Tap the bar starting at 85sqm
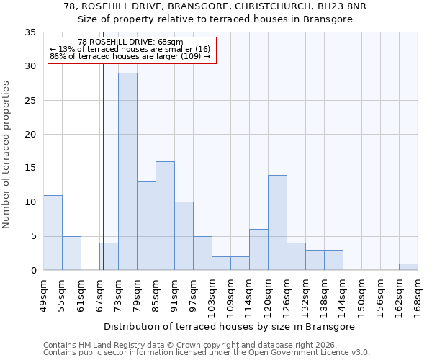pos(165,215)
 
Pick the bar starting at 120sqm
pos(277,222)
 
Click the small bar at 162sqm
pos(408,267)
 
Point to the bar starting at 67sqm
pos(109,256)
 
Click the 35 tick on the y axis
pos(30,32)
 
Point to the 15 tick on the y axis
pos(30,168)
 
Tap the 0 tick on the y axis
pos(33,271)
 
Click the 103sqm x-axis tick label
pos(212,294)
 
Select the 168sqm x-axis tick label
pos(418,294)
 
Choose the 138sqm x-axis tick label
pos(324,294)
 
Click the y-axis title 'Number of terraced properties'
pos(6,154)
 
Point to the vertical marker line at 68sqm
pos(103,180)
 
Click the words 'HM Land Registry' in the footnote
pos(110,345)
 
